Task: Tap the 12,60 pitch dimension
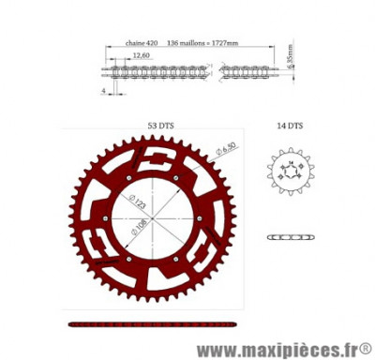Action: [141, 56]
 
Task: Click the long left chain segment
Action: [155, 70]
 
